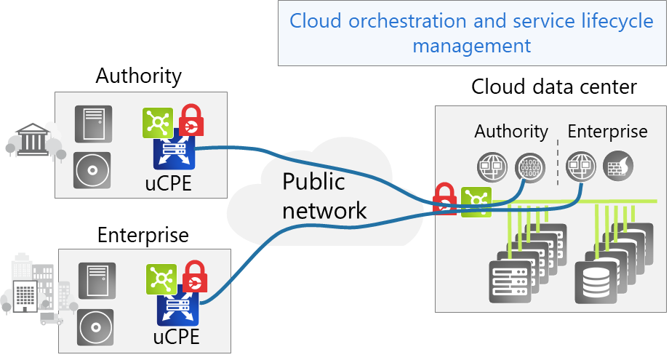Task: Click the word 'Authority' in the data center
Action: pyautogui.click(x=511, y=132)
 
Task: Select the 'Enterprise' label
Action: pyautogui.click(x=607, y=132)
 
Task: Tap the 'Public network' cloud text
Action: pyautogui.click(x=324, y=196)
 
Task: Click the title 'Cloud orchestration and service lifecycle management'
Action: pyautogui.click(x=471, y=33)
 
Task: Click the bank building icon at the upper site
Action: pyautogui.click(x=33, y=140)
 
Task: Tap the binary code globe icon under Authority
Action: pyautogui.click(x=528, y=167)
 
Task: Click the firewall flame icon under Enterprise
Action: pyautogui.click(x=618, y=167)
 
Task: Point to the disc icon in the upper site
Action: pyautogui.click(x=92, y=171)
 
